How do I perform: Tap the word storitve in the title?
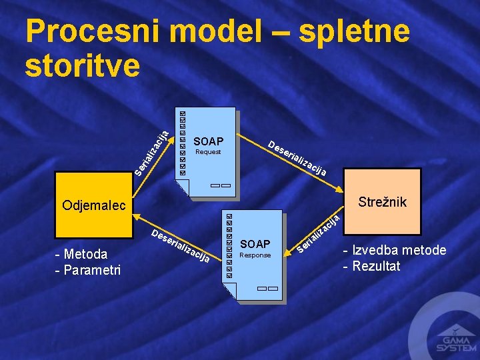click(83, 65)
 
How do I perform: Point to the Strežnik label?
click(382, 201)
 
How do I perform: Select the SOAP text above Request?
click(208, 141)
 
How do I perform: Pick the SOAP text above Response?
click(255, 245)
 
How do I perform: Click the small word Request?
click(207, 152)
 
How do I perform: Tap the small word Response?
click(255, 255)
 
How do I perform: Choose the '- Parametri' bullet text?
click(88, 269)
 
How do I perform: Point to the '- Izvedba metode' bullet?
click(395, 251)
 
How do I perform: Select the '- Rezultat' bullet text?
click(372, 266)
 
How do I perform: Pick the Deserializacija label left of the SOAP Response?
click(181, 246)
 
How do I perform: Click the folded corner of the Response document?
click(229, 291)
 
